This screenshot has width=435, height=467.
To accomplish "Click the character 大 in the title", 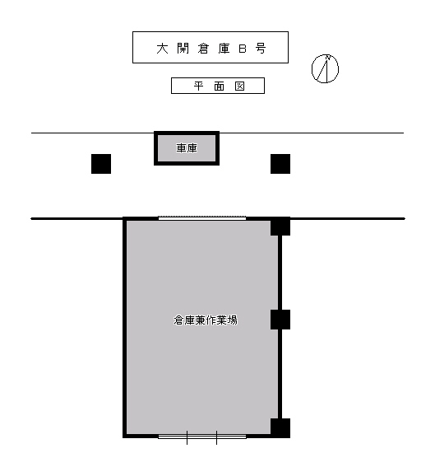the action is tap(162, 49).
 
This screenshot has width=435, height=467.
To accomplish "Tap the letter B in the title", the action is tap(243, 49).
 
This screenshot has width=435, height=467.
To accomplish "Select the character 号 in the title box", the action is tap(261, 49).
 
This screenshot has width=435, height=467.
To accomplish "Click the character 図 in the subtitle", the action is tap(239, 86).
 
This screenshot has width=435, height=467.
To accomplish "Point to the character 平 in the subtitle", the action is tap(199, 86).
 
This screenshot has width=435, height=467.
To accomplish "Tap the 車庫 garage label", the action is tap(187, 148).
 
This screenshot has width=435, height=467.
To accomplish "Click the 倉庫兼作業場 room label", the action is tap(206, 320).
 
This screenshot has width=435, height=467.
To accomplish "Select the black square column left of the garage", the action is tap(101, 164).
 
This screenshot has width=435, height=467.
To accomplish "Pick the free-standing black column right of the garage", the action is tap(280, 164).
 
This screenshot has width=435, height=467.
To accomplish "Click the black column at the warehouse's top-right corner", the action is tap(280, 226).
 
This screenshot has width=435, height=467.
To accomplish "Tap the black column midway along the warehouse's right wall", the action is tap(280, 320).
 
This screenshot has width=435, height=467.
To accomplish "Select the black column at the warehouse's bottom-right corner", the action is tap(280, 428).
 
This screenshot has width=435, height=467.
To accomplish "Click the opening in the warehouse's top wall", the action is tap(202, 218).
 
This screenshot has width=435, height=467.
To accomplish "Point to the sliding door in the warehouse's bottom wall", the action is tap(202, 437).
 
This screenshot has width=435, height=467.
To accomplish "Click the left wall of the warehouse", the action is tap(125, 327).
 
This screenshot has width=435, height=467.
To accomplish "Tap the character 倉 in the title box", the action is tap(203, 49).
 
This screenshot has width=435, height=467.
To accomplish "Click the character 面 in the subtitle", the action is tap(219, 86).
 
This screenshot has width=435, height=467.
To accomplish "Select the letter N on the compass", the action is tap(327, 57).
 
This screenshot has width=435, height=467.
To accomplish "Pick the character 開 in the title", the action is tap(183, 49).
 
